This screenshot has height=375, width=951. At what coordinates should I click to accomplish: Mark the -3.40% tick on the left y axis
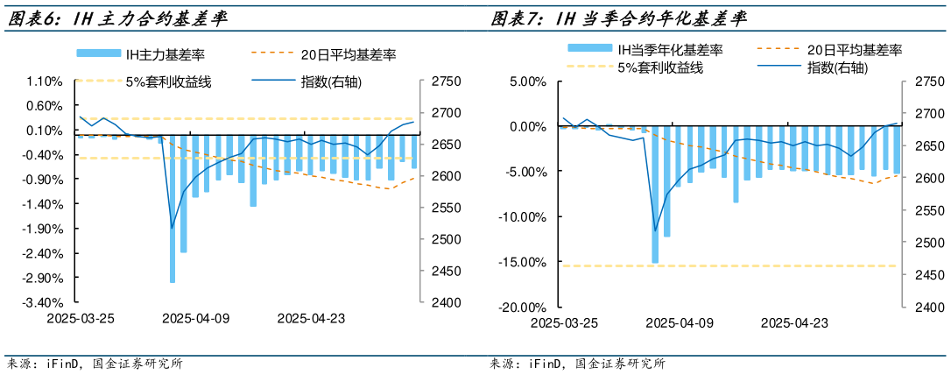[44, 302]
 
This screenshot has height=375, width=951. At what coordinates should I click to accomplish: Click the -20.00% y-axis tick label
[523, 308]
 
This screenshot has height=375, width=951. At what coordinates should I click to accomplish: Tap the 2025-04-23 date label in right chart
[794, 323]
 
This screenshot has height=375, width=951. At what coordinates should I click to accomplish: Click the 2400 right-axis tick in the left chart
[446, 302]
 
